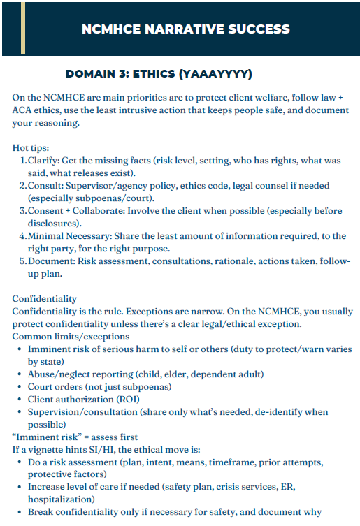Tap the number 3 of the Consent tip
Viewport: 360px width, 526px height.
[22, 211]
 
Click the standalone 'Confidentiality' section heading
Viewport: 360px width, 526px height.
[45, 298]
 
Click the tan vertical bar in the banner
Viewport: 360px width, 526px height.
[23, 28]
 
